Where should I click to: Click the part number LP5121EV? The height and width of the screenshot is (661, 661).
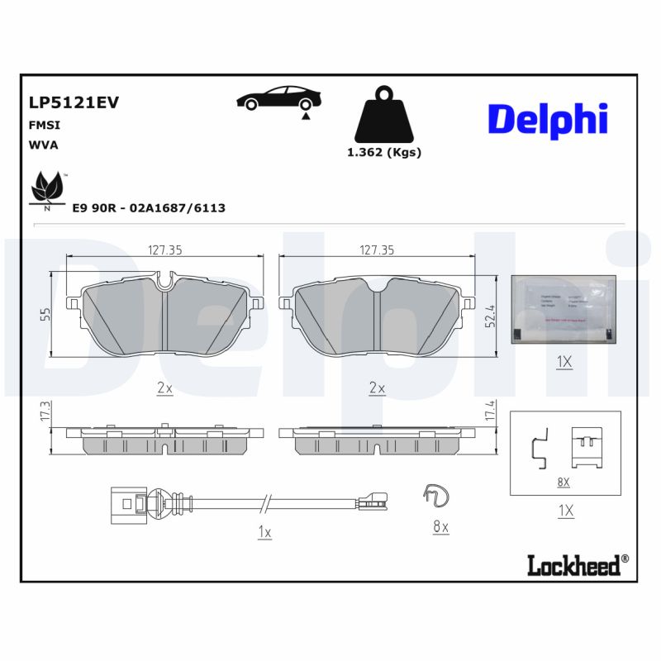tap(74, 102)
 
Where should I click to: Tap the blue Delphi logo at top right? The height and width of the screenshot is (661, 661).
tap(548, 119)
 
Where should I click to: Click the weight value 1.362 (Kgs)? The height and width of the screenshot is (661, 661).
tap(383, 152)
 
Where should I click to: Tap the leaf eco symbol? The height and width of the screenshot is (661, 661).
tap(48, 189)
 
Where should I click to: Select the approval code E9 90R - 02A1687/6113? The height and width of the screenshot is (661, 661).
tap(149, 208)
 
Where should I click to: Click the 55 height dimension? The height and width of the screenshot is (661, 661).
tap(45, 313)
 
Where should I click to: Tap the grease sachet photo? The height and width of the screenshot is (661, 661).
tap(564, 308)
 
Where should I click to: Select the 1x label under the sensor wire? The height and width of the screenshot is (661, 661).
tap(264, 533)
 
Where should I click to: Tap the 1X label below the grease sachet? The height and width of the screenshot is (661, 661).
tap(564, 362)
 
